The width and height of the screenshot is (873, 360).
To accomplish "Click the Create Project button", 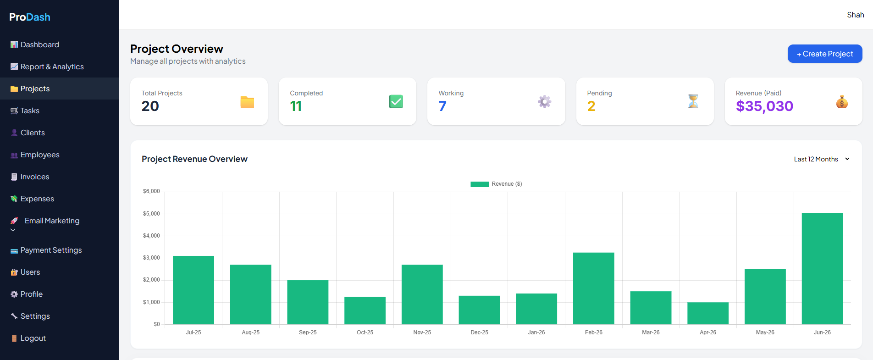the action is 825,54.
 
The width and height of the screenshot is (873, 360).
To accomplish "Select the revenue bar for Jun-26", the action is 822,269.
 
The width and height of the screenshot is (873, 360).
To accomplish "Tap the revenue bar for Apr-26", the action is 708,313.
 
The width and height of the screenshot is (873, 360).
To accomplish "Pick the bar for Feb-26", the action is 594,288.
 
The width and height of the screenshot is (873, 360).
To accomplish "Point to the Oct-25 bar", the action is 365,310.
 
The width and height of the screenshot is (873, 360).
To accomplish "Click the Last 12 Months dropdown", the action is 822,159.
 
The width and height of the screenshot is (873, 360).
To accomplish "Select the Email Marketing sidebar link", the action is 52,221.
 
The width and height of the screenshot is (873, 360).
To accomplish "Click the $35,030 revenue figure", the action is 764,106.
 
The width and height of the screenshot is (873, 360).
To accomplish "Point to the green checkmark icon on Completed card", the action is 396,101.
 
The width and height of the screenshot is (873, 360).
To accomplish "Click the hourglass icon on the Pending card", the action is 693,101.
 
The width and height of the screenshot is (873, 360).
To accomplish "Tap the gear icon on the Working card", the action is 545,101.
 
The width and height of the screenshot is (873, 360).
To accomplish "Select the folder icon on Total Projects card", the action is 247,102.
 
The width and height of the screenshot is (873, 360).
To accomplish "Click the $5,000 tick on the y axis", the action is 151,214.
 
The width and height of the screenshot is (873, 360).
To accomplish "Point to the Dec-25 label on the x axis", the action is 479,332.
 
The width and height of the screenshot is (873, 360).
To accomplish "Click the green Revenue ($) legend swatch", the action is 480,184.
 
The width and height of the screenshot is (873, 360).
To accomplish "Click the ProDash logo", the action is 30,17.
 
